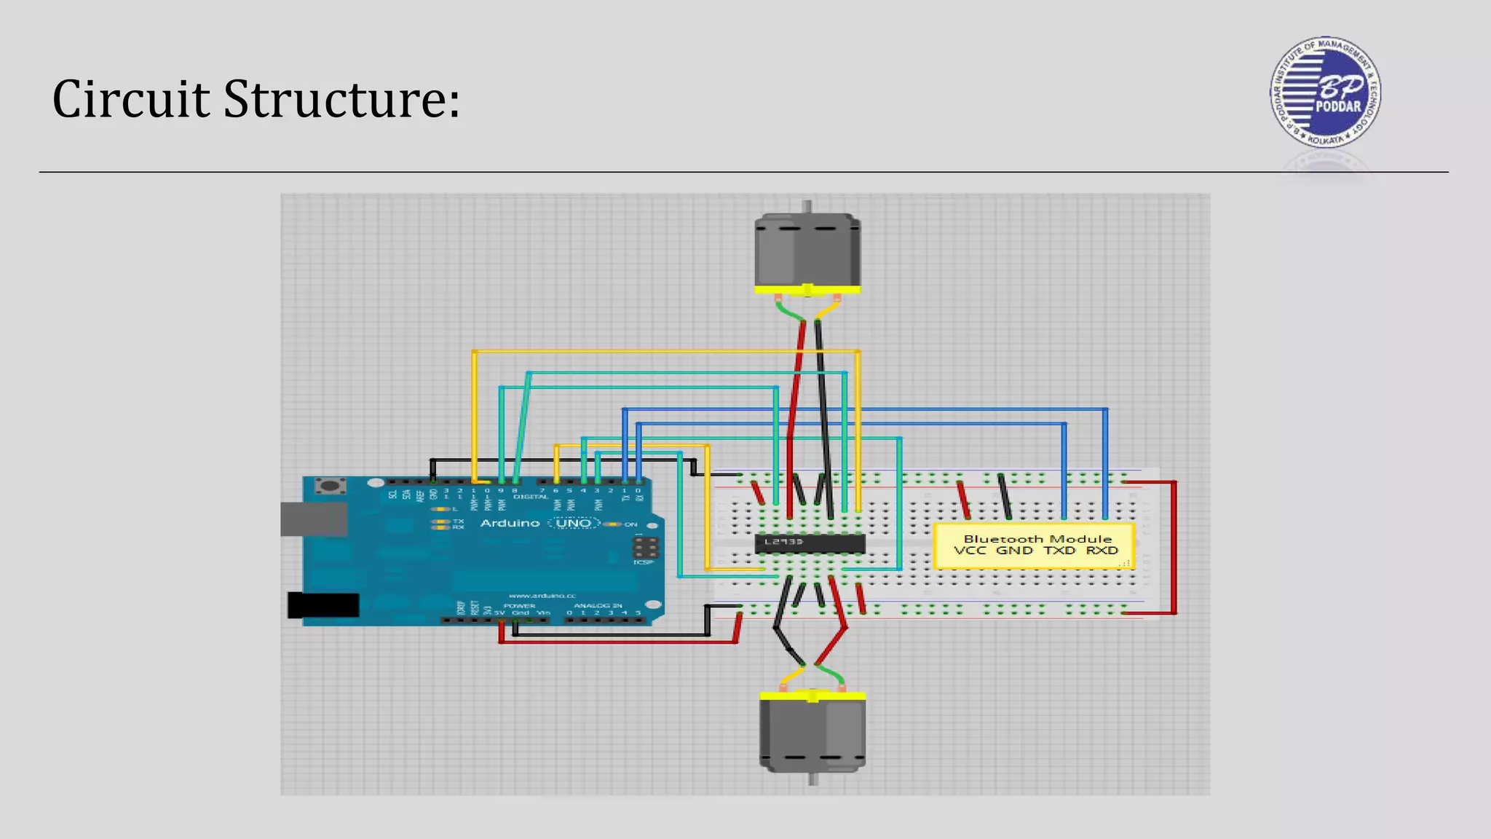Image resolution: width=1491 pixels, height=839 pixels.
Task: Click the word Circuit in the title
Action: click(x=131, y=99)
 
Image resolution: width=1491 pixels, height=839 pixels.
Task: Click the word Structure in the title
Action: click(x=341, y=99)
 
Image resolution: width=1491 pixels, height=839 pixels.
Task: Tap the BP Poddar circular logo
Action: click(x=1324, y=92)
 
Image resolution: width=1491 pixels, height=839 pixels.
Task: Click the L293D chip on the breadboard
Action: click(x=810, y=543)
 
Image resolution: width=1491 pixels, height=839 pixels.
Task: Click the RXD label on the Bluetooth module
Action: click(x=1102, y=551)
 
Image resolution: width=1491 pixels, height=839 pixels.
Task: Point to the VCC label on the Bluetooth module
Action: click(x=970, y=551)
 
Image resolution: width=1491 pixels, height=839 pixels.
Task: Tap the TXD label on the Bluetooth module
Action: click(x=1059, y=551)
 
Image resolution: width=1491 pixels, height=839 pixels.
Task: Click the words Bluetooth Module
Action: click(x=1037, y=539)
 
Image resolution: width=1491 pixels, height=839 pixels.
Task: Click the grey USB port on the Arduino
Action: click(x=313, y=519)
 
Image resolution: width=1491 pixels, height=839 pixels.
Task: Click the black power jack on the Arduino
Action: click(x=323, y=605)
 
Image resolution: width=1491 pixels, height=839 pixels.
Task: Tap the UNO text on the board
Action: click(x=574, y=523)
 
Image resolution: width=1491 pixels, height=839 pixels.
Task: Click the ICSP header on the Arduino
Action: click(x=645, y=548)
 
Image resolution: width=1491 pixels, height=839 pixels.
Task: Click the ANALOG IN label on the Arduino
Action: click(x=597, y=605)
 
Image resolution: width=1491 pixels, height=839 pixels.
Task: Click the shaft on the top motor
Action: click(x=807, y=206)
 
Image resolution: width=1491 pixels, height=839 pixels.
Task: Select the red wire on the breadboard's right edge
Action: click(x=1174, y=546)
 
